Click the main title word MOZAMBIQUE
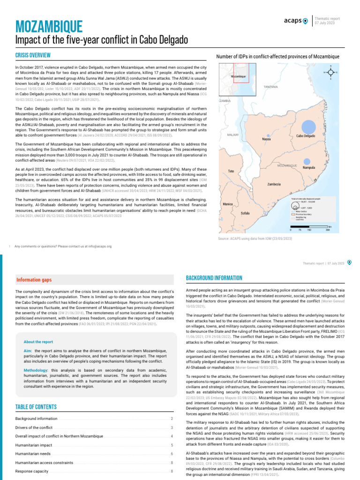[x=49, y=26]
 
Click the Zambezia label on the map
[x=274, y=184]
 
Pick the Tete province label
[x=231, y=171]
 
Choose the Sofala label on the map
[x=245, y=213]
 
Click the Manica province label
[x=228, y=204]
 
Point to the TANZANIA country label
[x=271, y=87]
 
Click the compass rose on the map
[x=331, y=73]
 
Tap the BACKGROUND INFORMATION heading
[x=214, y=278]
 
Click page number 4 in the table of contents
[x=172, y=436]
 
